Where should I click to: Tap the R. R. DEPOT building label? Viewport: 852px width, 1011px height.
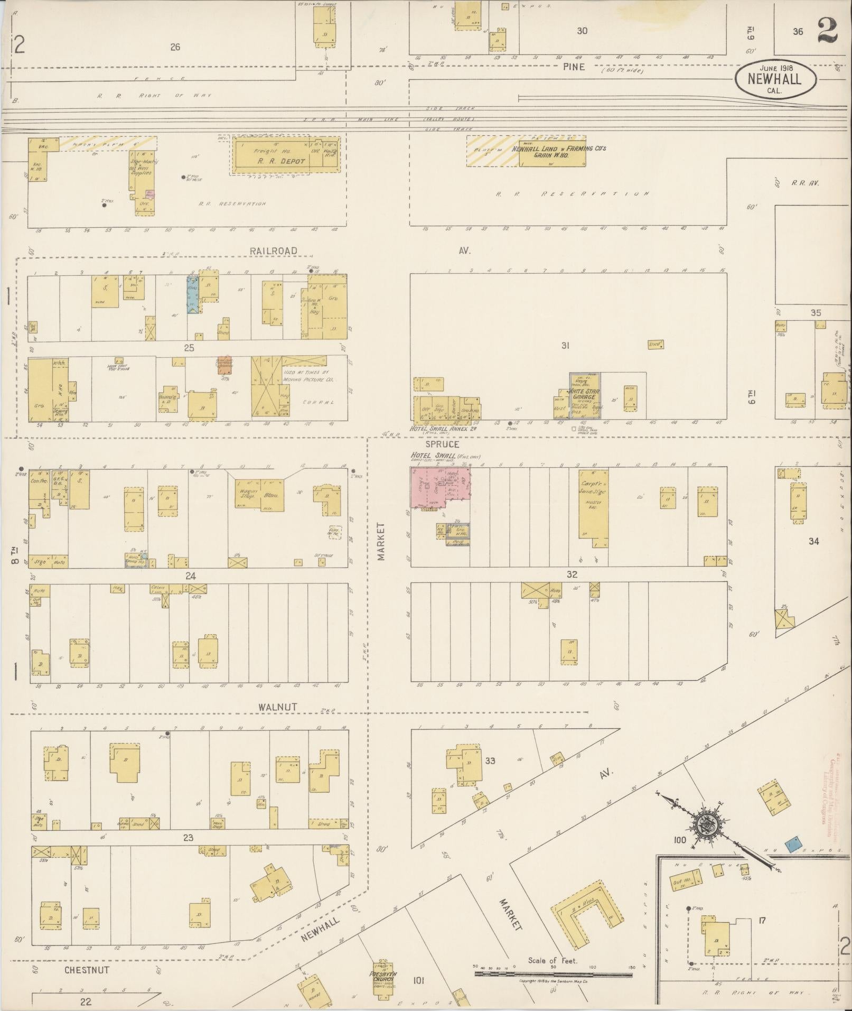coord(280,161)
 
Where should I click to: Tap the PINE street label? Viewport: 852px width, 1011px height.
coord(573,67)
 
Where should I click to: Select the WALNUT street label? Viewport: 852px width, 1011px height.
coord(277,707)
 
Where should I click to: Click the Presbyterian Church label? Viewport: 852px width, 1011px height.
coord(383,977)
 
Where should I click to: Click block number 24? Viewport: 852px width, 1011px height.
coord(190,577)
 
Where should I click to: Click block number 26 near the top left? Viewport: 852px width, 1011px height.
coord(175,47)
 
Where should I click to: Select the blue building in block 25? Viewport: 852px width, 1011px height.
coord(193,296)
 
